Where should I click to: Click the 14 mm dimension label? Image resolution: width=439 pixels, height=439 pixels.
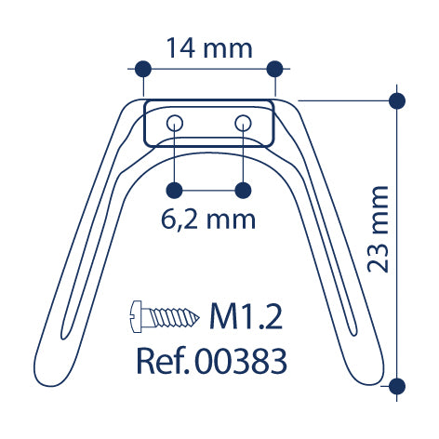[209, 48]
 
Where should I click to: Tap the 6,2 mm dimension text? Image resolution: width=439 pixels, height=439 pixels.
[208, 219]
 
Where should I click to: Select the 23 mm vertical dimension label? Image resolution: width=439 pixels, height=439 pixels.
[378, 229]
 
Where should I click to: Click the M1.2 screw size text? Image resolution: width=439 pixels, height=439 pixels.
[246, 316]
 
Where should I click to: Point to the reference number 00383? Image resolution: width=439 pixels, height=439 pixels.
[242, 361]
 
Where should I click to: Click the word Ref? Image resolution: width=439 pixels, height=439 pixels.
[163, 361]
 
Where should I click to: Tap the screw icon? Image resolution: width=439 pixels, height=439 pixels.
[164, 316]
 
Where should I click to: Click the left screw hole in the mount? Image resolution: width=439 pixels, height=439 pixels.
[175, 123]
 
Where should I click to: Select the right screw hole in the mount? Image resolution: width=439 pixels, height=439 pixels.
[243, 123]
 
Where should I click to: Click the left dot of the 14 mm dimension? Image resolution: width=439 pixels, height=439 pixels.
[143, 69]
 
